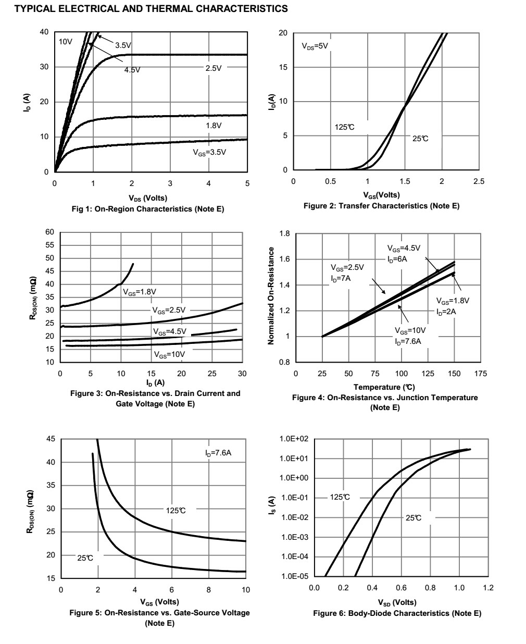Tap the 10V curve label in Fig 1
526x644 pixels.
[x=65, y=42]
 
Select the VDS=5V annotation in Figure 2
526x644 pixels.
[x=315, y=46]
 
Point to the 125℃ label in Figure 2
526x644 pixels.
[x=344, y=127]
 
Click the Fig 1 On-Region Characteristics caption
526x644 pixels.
[x=143, y=209]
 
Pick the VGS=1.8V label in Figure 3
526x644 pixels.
[x=140, y=292]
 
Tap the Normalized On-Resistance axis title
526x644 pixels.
[x=271, y=295]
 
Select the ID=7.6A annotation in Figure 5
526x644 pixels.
[x=218, y=453]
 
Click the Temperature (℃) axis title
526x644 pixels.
[x=384, y=387]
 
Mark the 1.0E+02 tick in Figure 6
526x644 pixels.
[x=294, y=439]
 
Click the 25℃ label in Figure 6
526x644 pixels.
[x=414, y=518]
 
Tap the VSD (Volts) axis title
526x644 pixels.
[x=397, y=602]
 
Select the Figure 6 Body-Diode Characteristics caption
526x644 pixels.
[x=397, y=613]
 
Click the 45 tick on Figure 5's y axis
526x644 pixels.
[x=51, y=439]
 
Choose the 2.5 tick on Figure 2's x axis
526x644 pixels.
[x=479, y=181]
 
